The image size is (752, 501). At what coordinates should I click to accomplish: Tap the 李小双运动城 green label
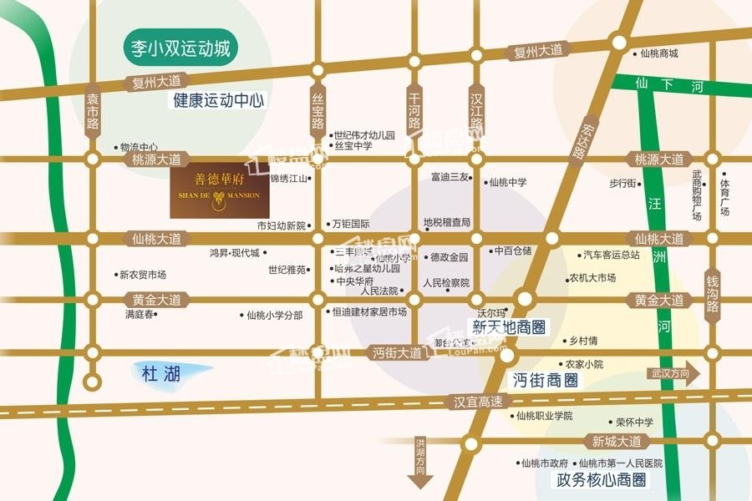tap(180, 47)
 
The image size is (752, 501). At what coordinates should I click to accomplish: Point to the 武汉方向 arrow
tap(673, 374)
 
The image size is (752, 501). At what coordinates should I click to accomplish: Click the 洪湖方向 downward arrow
tap(419, 463)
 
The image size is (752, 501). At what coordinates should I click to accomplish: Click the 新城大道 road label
tap(617, 441)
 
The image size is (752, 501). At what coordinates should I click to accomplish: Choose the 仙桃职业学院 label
tap(544, 416)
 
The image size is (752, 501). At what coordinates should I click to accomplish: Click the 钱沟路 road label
tap(712, 293)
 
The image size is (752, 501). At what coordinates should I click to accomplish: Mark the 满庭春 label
tap(139, 315)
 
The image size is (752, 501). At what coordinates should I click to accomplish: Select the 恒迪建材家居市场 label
tap(368, 312)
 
